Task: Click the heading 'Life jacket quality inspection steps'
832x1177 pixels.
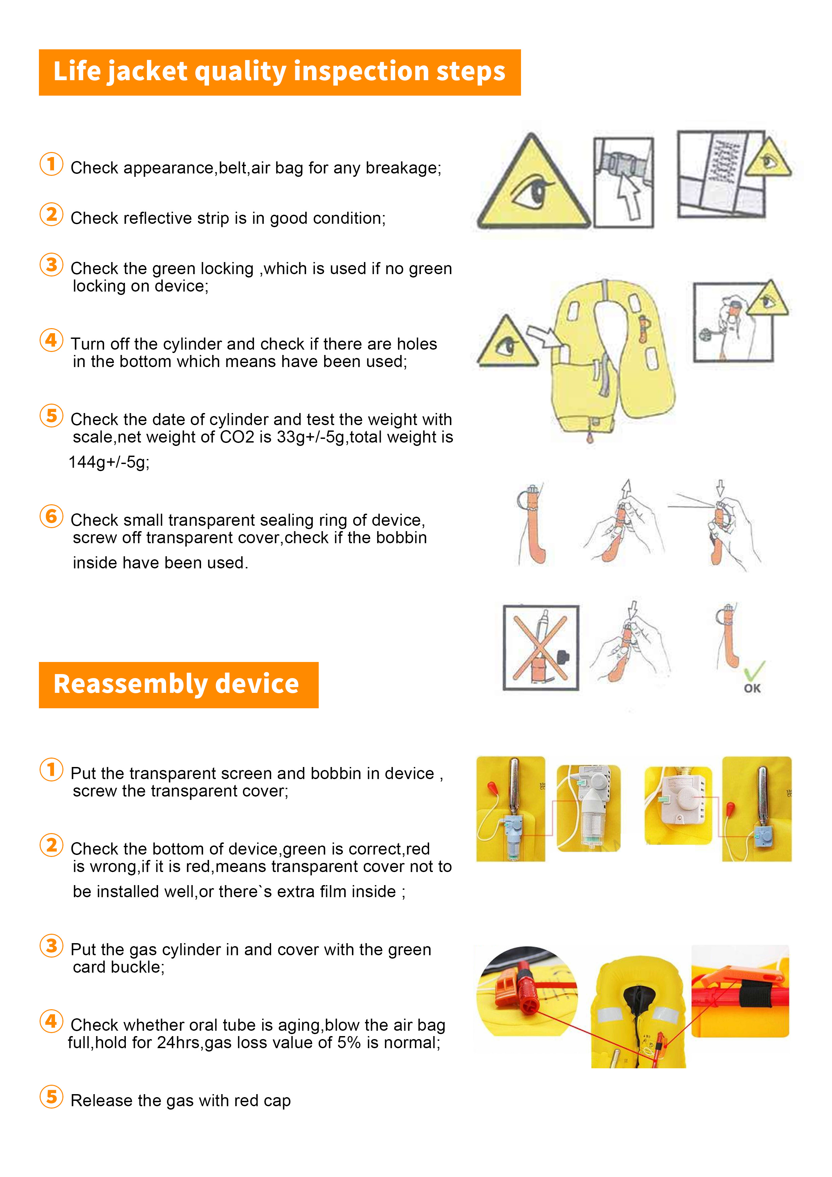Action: [279, 72]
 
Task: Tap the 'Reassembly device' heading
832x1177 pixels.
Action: [176, 684]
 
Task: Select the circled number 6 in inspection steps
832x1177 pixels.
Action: [51, 516]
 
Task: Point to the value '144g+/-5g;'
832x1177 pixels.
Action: [109, 462]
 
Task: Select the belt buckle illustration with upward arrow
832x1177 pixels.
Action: [623, 182]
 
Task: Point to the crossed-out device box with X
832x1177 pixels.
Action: [541, 648]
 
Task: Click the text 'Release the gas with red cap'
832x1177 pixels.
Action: [180, 1101]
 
